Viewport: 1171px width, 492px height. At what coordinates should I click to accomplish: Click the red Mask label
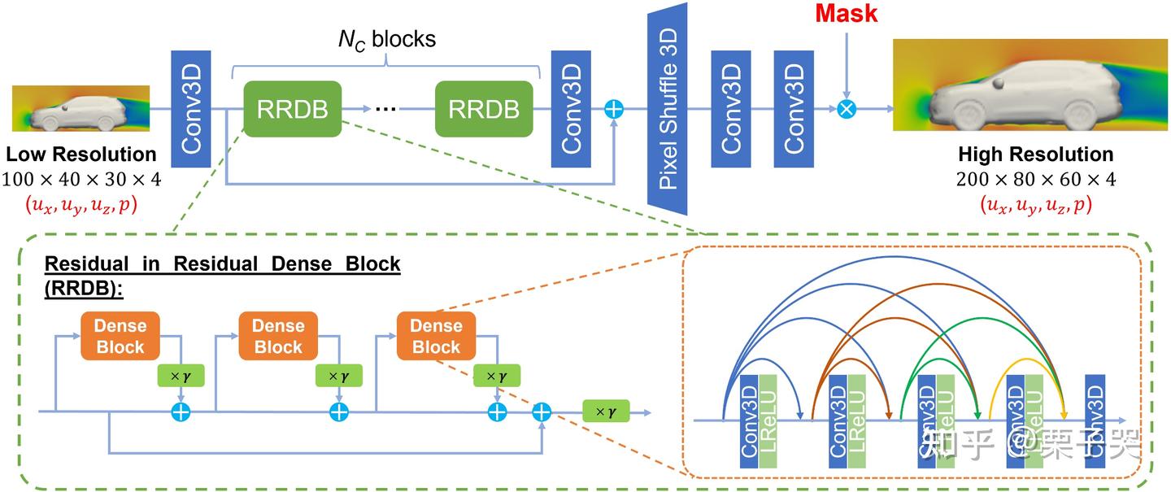coord(847,14)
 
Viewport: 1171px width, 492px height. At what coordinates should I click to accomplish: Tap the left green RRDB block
coord(292,109)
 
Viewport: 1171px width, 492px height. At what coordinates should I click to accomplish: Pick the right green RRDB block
coord(484,109)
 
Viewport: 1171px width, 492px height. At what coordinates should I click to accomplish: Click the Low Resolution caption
coord(81,155)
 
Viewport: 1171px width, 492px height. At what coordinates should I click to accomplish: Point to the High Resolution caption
coord(1035,155)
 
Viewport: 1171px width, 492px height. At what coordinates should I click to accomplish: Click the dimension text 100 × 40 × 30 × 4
coord(81,180)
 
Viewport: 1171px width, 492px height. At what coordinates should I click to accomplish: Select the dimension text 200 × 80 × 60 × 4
coord(1035,180)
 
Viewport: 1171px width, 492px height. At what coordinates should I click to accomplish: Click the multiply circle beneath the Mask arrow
coord(847,109)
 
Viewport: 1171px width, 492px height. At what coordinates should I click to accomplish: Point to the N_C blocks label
coord(386,39)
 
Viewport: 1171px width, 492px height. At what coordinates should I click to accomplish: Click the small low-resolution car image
coord(81,109)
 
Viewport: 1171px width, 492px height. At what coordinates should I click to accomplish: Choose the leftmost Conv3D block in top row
coord(191,109)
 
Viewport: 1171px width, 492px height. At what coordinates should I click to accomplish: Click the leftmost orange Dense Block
coord(120,337)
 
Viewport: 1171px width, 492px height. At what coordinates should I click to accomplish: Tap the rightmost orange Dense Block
coord(436,337)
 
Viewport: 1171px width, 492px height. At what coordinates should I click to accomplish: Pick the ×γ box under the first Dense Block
coord(180,377)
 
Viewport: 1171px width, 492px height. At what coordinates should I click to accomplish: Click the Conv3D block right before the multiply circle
coord(794,109)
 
